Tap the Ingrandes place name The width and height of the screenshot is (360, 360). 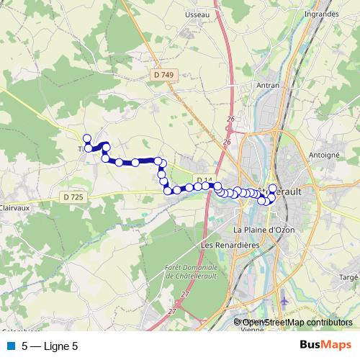click(x=321, y=14)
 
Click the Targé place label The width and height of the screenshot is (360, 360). click(x=348, y=276)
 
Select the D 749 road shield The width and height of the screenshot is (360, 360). click(x=164, y=75)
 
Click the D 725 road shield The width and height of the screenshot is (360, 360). click(x=73, y=197)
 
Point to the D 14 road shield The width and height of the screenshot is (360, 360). click(x=204, y=179)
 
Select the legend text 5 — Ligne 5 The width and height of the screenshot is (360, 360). click(x=50, y=346)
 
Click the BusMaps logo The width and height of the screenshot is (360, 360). click(x=325, y=346)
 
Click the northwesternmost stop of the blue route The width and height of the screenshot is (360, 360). click(x=87, y=138)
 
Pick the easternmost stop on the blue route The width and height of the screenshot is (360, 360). click(x=272, y=188)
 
